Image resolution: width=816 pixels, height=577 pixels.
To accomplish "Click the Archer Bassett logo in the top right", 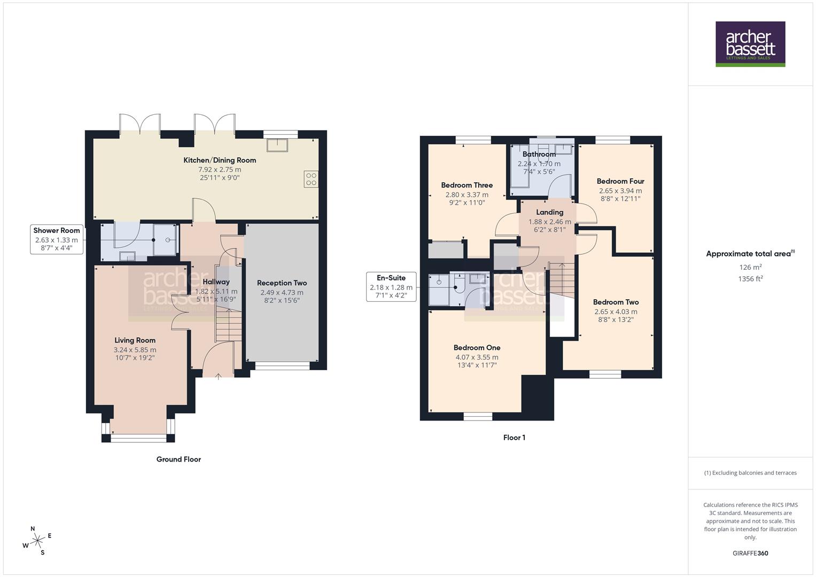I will coord(750,44).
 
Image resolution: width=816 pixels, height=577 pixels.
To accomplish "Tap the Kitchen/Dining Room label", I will coord(220,160).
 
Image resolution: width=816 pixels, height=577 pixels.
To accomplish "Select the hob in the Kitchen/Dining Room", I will coord(311,179).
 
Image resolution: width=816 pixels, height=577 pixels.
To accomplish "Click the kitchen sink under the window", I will coord(277,145).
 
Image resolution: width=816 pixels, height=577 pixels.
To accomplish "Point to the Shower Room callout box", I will coord(57,239).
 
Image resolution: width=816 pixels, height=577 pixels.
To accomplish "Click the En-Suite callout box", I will coord(391,286).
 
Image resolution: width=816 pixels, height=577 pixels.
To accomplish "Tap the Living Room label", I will coord(135,340).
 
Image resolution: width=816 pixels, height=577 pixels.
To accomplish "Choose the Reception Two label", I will coord(282,283).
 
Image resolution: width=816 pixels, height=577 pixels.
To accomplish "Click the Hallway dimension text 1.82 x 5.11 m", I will coord(216,291).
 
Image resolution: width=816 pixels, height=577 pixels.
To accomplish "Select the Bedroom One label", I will coord(477,348).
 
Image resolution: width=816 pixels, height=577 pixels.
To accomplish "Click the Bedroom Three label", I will coord(467,185).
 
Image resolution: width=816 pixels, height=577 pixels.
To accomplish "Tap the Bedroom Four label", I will coord(620,181).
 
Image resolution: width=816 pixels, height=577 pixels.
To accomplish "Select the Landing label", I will coord(549,212).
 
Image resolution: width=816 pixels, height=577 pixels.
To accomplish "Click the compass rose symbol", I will coord(37,541).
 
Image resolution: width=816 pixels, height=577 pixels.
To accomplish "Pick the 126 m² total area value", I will coord(750,267).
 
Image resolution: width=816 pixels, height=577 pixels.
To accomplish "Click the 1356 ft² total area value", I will coord(750,278).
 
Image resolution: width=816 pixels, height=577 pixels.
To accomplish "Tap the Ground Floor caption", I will coord(178,459).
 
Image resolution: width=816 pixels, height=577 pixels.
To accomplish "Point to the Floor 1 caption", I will coord(514,438).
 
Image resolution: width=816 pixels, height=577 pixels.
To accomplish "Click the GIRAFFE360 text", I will coord(750,553).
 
